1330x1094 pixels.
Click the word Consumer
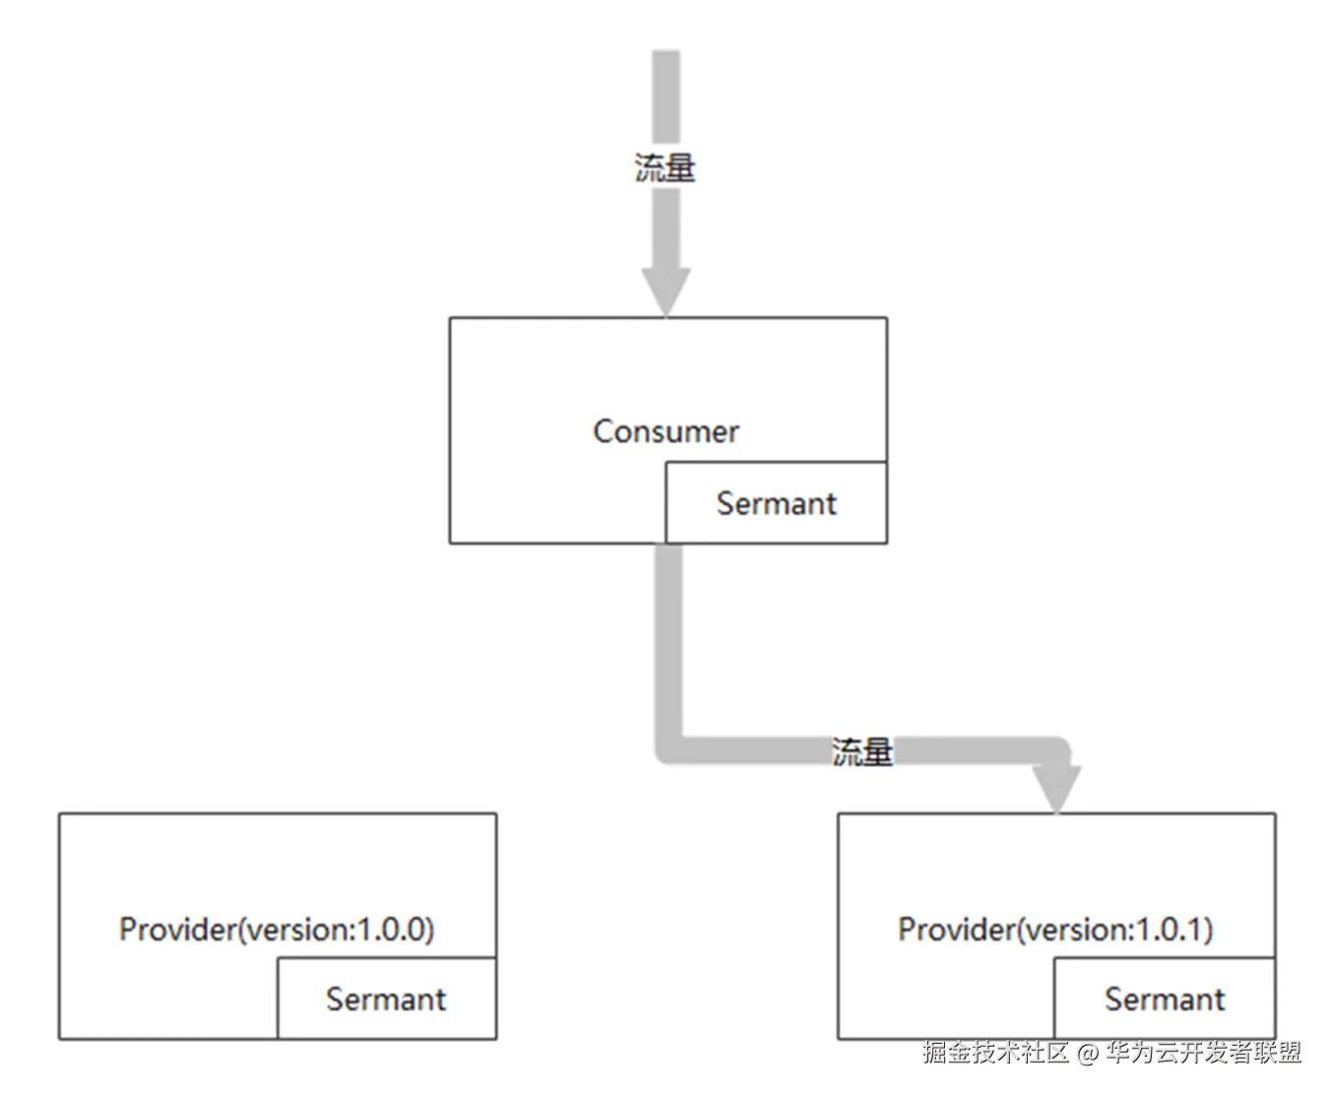coord(665,431)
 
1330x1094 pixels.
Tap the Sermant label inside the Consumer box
coord(776,504)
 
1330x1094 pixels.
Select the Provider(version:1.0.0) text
coord(276,930)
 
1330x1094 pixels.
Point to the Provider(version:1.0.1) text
coord(1055,930)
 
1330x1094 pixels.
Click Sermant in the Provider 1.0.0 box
coord(386,999)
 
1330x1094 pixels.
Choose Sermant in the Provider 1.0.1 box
coord(1165,999)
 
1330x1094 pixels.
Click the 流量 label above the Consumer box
coord(665,167)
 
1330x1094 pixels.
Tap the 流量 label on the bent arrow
coord(862,752)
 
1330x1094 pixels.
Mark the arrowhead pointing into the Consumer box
coord(666,291)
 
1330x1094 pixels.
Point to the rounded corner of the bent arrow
coord(669,747)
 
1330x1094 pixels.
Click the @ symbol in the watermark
coord(1087,1054)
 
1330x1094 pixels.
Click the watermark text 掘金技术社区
coord(995,1053)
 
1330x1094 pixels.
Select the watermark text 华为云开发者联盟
coord(1203,1053)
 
